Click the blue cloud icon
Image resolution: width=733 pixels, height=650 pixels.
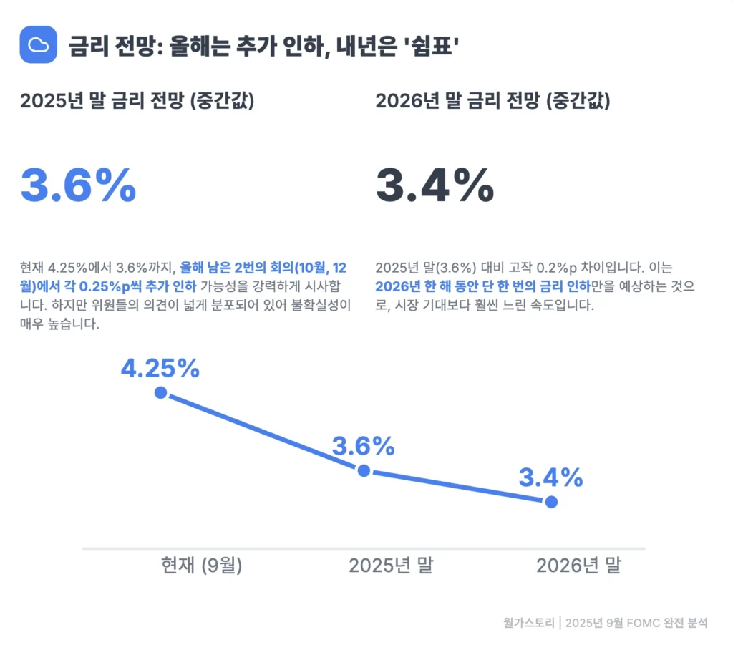click(x=38, y=44)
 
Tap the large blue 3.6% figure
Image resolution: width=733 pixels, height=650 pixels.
click(x=78, y=185)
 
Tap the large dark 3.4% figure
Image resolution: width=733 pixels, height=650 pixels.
click(x=435, y=185)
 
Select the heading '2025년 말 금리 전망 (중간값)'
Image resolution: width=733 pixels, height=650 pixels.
click(x=137, y=101)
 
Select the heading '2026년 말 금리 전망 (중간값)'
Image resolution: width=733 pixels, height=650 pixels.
click(x=492, y=101)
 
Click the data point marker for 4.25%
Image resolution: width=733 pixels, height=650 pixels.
click(x=160, y=392)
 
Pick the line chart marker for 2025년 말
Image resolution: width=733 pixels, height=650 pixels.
click(x=364, y=470)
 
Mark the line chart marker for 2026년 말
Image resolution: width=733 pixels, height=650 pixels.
click(x=551, y=502)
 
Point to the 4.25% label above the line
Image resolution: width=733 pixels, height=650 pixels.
click(x=160, y=368)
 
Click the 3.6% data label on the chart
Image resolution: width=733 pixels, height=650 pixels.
click(x=363, y=447)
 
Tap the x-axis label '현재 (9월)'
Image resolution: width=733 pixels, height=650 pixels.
click(x=202, y=566)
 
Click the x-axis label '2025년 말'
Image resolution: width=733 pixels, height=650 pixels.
click(x=391, y=566)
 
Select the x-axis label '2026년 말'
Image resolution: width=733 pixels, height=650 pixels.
click(x=579, y=566)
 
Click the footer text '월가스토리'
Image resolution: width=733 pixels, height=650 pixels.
click(x=528, y=623)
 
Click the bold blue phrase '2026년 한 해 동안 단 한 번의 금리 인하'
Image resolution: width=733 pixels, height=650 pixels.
click(x=483, y=287)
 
